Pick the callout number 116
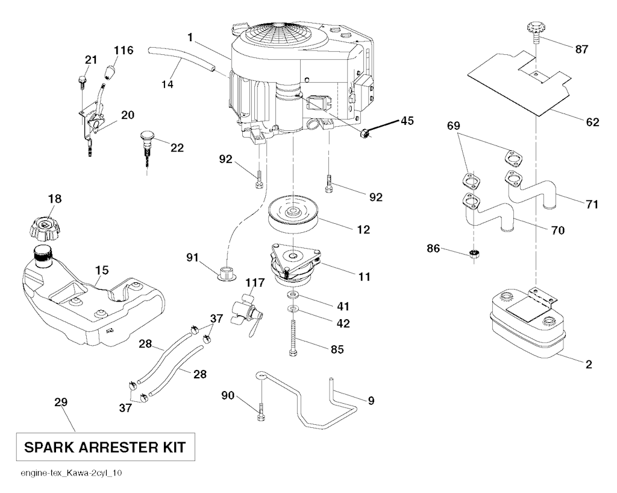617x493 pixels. [123, 49]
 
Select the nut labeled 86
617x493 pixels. [474, 254]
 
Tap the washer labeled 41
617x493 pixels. [292, 296]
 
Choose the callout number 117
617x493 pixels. [255, 281]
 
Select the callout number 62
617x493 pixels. [592, 122]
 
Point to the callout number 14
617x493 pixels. [168, 84]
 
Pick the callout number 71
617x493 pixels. [592, 204]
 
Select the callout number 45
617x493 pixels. [407, 120]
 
